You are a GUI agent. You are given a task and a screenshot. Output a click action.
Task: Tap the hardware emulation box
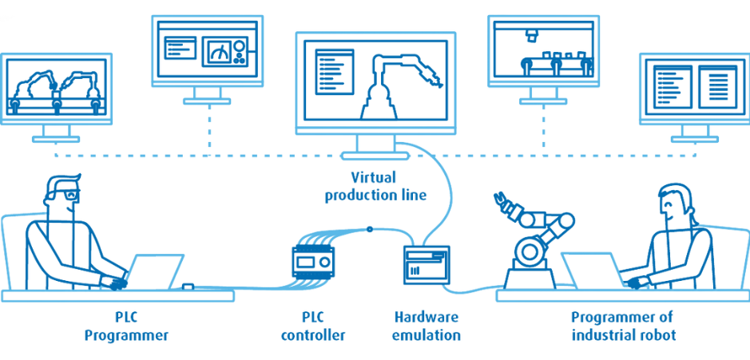point(427,263)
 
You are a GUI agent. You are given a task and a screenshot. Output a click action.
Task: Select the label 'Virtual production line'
point(375,187)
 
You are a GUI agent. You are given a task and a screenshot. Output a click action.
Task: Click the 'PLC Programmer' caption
point(126,326)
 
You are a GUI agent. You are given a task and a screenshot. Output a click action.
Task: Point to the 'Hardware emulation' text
point(427,326)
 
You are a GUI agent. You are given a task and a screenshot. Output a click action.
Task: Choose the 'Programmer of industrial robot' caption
point(624,326)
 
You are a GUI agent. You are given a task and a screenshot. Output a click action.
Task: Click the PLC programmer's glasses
point(65,196)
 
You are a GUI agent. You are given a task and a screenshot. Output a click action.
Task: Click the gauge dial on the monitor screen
point(220,52)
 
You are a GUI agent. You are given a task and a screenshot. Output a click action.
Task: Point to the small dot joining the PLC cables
point(369,229)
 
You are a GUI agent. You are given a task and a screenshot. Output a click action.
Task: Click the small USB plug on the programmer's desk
point(188,287)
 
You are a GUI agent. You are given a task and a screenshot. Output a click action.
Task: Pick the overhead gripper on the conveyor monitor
point(531,34)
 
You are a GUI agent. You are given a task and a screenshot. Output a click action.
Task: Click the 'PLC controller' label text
point(313,326)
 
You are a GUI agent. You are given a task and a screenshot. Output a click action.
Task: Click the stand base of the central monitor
point(375,156)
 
